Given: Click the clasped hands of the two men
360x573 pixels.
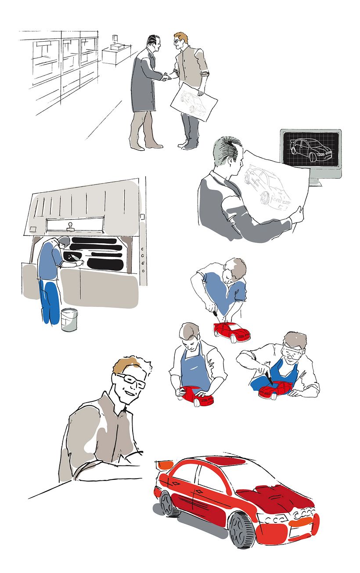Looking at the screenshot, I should tap(166, 77).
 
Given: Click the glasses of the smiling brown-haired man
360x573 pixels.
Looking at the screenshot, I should tap(131, 380).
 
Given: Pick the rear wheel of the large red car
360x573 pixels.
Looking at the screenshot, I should tap(167, 504).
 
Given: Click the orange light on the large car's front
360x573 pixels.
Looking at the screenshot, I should tap(301, 522).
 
